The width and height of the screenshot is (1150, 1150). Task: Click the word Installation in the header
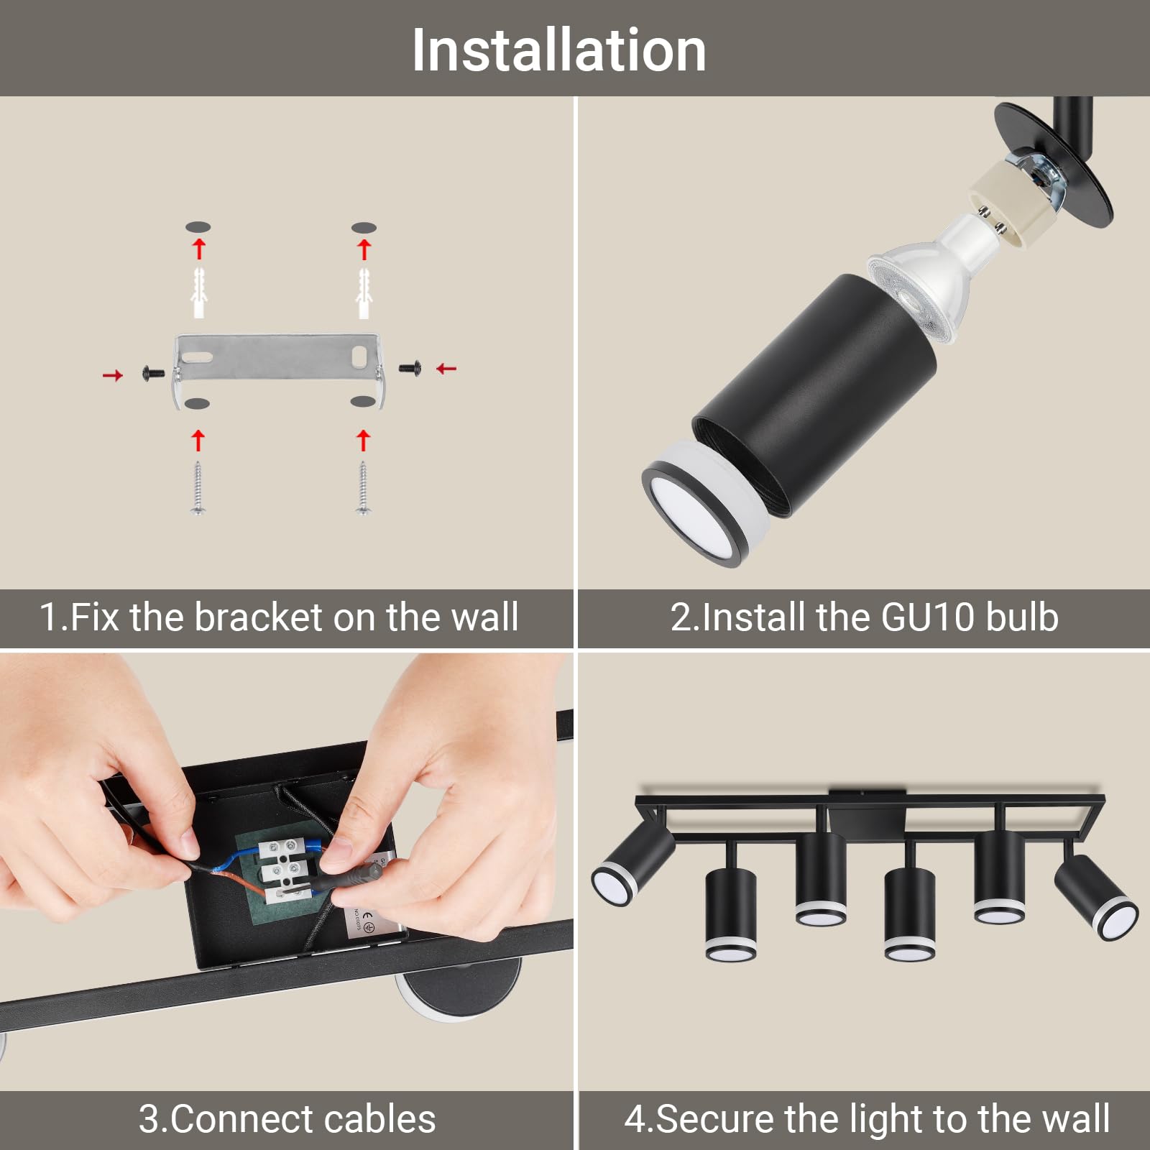click(x=558, y=50)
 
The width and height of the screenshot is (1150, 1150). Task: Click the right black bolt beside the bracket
click(x=409, y=368)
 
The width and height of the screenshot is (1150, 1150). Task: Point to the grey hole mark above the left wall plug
click(x=198, y=227)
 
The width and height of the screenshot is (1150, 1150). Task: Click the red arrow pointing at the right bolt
click(x=447, y=369)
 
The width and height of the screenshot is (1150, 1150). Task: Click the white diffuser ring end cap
click(x=701, y=503)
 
